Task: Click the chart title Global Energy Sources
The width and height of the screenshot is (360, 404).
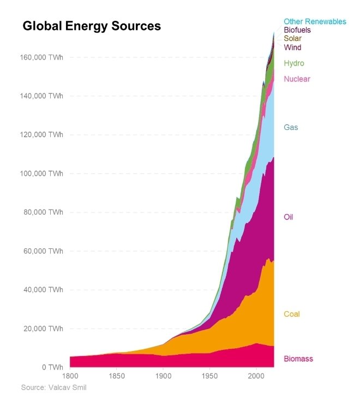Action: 92,26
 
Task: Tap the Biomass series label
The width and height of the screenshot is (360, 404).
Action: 298,359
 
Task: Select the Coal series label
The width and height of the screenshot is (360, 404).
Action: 291,314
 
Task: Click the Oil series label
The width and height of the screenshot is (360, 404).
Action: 289,217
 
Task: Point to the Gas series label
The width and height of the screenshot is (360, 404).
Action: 291,127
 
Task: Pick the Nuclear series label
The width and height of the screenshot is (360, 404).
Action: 297,79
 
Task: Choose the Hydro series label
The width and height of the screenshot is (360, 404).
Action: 293,63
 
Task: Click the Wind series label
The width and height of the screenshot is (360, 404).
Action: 292,47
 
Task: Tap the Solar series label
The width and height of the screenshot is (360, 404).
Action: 292,39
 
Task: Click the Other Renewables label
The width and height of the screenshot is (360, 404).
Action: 315,21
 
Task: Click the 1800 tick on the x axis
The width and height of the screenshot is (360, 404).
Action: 70,377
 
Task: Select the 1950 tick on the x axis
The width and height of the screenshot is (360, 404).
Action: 210,377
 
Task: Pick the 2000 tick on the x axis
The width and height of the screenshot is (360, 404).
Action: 256,377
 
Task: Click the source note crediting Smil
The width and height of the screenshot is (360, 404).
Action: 53,388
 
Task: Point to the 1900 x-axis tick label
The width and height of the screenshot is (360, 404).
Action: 163,377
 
